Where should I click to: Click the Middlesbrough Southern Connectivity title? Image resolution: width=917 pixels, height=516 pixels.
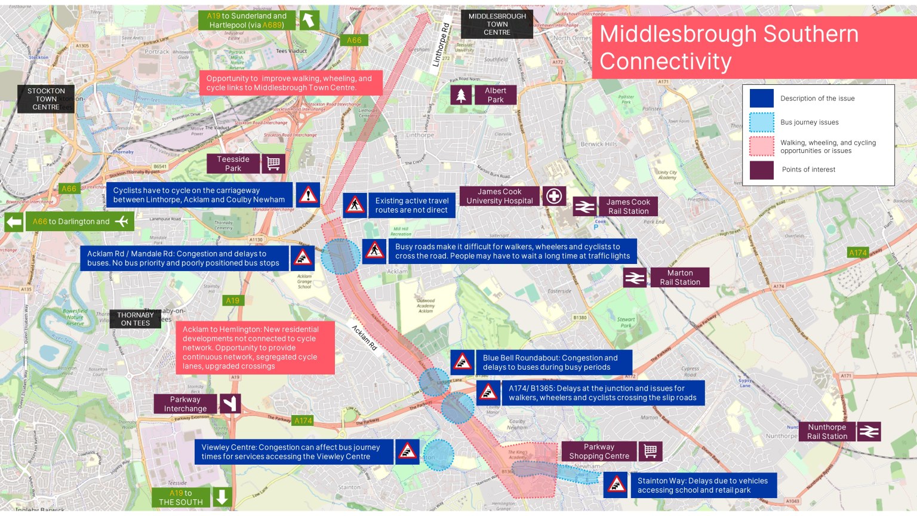click(x=728, y=48)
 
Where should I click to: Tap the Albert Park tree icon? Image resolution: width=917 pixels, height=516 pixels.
click(x=461, y=95)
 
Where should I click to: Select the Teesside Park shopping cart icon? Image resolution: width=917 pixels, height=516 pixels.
click(x=273, y=164)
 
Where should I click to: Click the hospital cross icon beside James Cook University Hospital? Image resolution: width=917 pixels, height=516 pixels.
click(x=554, y=196)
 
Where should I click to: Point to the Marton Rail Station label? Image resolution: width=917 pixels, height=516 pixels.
click(x=679, y=278)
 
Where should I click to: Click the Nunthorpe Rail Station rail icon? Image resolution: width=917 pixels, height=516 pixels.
click(x=869, y=431)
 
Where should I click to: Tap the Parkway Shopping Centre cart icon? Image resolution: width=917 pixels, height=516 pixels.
click(x=651, y=451)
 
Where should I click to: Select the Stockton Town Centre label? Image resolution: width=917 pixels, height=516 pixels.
click(x=46, y=99)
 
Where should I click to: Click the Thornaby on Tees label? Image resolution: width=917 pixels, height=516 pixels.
click(x=136, y=319)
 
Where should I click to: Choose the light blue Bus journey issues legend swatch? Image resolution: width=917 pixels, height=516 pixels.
click(x=761, y=122)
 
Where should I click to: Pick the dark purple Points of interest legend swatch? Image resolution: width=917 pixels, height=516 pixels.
click(x=761, y=170)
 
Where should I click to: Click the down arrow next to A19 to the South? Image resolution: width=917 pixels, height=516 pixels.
click(x=221, y=497)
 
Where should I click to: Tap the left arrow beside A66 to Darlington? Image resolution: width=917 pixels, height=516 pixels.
click(x=14, y=222)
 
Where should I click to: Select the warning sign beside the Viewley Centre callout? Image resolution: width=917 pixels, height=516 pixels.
click(x=407, y=451)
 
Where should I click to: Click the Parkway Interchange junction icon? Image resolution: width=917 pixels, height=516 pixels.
click(x=230, y=404)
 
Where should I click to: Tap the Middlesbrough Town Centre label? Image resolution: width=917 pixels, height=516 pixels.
click(x=497, y=24)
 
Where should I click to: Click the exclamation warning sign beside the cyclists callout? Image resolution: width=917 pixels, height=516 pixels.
click(x=308, y=195)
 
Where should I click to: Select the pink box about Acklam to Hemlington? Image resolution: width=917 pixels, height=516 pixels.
click(x=255, y=348)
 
